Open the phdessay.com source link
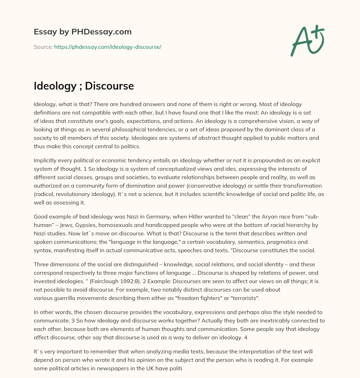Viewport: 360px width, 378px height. tap(108, 47)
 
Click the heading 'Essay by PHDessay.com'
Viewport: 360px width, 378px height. tap(83, 32)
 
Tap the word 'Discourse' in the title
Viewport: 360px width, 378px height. tap(109, 86)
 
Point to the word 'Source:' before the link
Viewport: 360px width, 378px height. tap(43, 47)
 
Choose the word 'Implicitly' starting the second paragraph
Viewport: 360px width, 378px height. tap(46, 160)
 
